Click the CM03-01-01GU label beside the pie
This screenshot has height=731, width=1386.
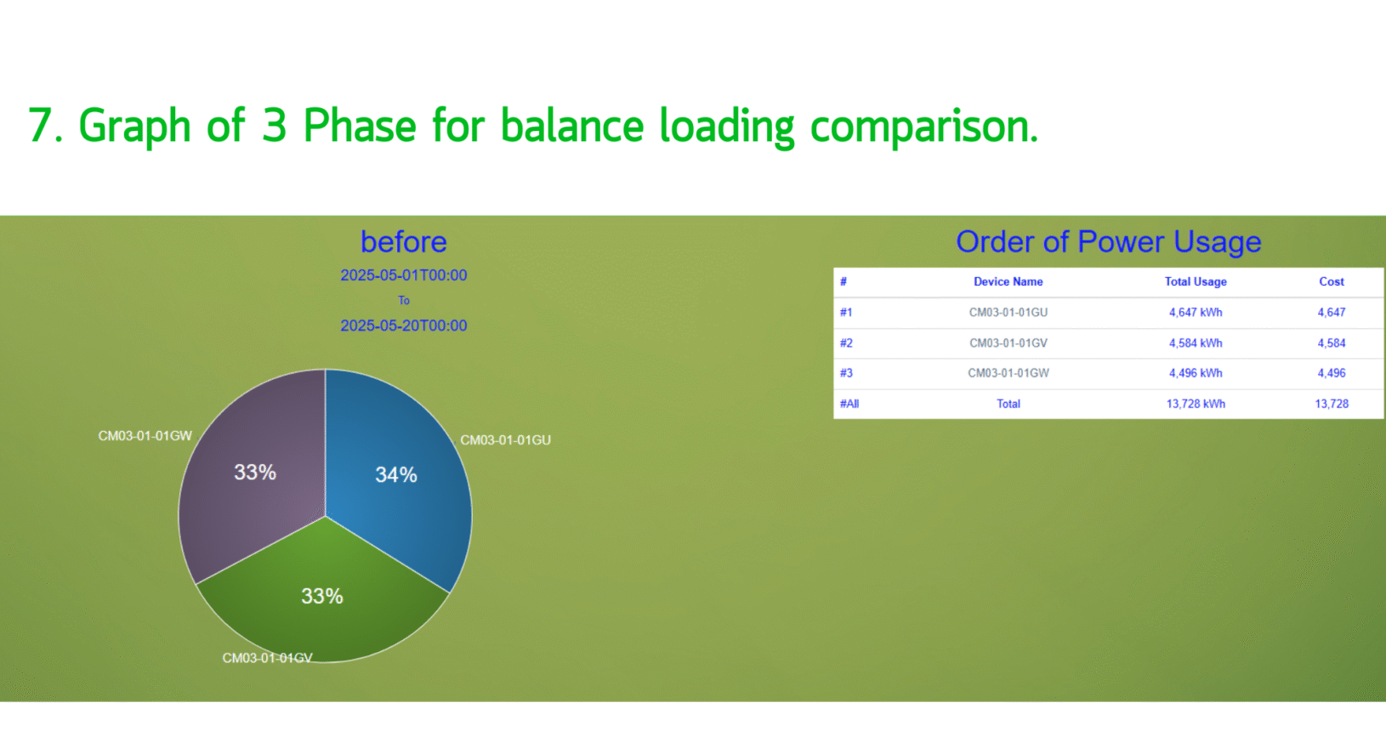click(506, 440)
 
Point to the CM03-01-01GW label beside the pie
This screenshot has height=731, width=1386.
click(145, 436)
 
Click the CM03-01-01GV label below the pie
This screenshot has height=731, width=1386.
click(267, 658)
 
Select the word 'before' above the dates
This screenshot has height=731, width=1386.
click(403, 241)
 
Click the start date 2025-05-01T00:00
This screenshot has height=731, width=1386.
click(403, 275)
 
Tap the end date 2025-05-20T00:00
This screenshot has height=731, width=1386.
click(403, 326)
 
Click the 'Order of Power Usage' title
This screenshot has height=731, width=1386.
click(1108, 241)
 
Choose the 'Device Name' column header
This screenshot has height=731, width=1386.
click(1008, 282)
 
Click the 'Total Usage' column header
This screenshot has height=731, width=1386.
click(1196, 282)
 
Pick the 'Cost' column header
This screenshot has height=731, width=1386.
click(1331, 282)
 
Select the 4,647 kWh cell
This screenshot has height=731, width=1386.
click(1196, 312)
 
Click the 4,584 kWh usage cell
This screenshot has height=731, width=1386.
click(1196, 343)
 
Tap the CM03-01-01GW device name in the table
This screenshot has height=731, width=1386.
click(1008, 373)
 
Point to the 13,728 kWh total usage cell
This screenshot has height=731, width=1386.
click(1196, 404)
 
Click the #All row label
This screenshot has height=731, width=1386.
click(849, 404)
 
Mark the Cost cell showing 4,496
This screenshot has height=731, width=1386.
click(1331, 373)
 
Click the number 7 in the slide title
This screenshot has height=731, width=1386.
click(38, 126)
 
